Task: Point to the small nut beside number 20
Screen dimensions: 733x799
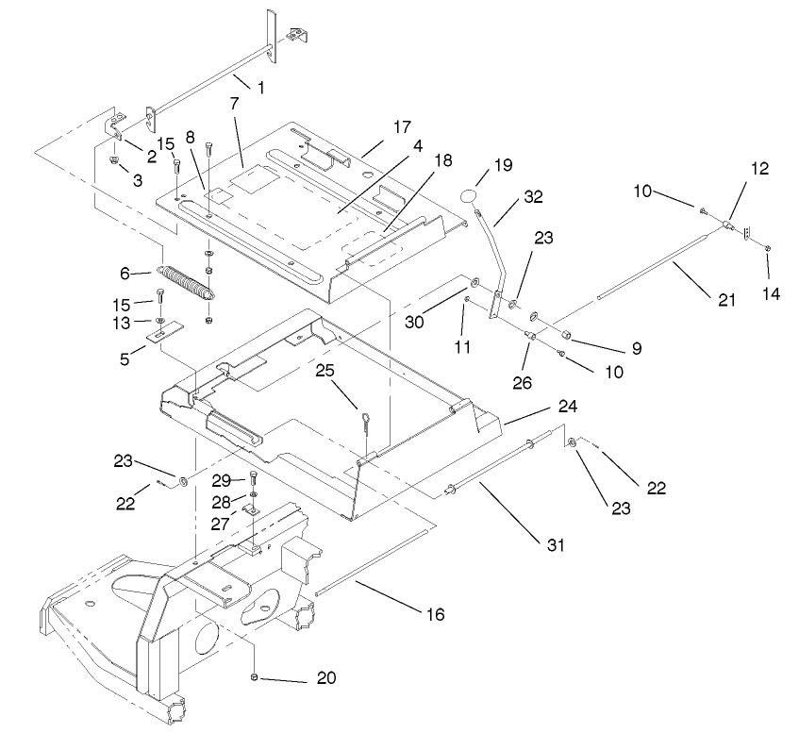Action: tap(256, 677)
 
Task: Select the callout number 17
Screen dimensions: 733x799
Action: tap(403, 125)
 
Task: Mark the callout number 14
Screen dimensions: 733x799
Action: tap(772, 293)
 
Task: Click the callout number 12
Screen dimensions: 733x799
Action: tap(761, 169)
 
